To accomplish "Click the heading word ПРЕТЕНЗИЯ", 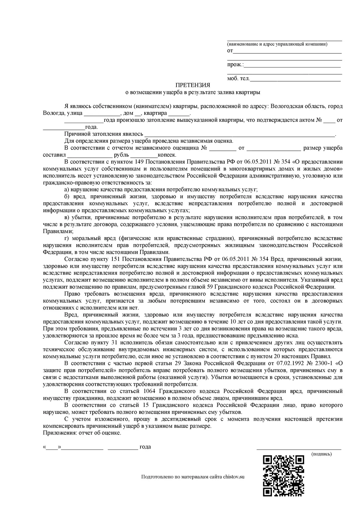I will [x=193, y=85].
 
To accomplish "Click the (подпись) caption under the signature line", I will [x=321, y=454].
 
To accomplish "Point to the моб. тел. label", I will [x=238, y=79].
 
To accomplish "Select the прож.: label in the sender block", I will [x=235, y=65].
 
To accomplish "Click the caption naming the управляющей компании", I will [x=277, y=44].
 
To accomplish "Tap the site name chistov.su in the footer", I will [x=234, y=477].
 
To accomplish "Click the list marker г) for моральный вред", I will [x=67, y=238].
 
